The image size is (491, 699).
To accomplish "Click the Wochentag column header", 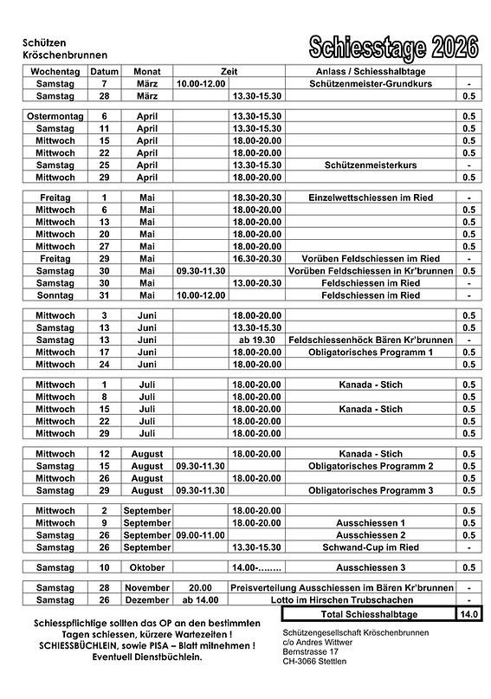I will pyautogui.click(x=55, y=71).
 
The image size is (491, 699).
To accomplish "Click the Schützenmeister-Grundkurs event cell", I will pyautogui.click(x=370, y=82).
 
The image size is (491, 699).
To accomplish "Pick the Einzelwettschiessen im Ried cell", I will pyautogui.click(x=370, y=198).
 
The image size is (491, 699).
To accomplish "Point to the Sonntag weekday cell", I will pyautogui.click(x=55, y=294).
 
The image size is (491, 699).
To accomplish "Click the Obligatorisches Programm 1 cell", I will pyautogui.click(x=370, y=352).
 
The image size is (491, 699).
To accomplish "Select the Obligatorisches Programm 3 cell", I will pyautogui.click(x=370, y=490).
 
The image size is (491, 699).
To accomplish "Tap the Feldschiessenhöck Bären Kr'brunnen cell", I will pyautogui.click(x=370, y=340).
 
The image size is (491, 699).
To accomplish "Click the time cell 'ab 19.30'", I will pyautogui.click(x=256, y=340).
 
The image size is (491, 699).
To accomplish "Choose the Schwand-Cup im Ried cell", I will pyautogui.click(x=370, y=547).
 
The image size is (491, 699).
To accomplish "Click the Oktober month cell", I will pyautogui.click(x=146, y=567).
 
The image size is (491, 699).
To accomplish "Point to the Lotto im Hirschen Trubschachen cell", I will pyautogui.click(x=370, y=599).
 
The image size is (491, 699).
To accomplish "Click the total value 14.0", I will pyautogui.click(x=468, y=614).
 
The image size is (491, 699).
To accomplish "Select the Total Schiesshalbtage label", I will pyautogui.click(x=370, y=614).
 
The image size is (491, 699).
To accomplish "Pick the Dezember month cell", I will pyautogui.click(x=146, y=599).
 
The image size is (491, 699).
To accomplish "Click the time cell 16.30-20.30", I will pyautogui.click(x=256, y=258).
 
